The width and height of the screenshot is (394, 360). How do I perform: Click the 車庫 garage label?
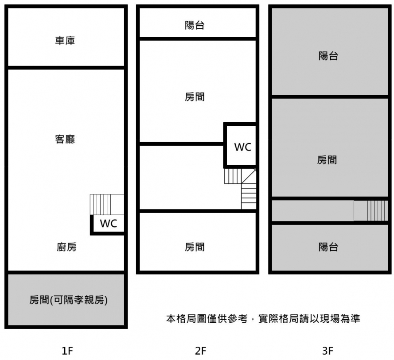point(65,40)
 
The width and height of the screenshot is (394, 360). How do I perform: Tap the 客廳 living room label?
point(65,139)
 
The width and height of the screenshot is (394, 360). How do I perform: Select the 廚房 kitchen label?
point(66,247)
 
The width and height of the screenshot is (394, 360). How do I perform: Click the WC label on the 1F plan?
point(109,224)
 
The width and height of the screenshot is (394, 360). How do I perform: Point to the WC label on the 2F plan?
point(243,147)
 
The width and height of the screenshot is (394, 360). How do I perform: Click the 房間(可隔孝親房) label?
point(68,300)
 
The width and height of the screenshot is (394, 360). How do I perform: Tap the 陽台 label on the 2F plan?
point(195,25)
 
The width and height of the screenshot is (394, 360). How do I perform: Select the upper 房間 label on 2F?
point(195,97)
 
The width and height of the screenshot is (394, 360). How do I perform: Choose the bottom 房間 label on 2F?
point(195,247)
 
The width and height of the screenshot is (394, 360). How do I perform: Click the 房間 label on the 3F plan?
point(327,160)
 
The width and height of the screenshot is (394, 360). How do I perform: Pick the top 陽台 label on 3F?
point(328,56)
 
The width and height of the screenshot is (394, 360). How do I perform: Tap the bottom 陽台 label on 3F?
point(328,247)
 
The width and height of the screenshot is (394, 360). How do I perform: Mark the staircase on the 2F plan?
point(240,189)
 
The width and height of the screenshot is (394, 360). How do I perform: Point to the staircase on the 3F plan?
point(371,210)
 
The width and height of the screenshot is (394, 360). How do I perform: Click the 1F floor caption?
point(67,351)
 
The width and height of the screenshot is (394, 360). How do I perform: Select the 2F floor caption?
point(200,351)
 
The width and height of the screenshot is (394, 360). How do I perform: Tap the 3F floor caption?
point(328,351)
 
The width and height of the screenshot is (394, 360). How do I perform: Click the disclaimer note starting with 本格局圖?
point(263,318)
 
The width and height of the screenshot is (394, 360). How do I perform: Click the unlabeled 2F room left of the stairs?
point(181,177)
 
